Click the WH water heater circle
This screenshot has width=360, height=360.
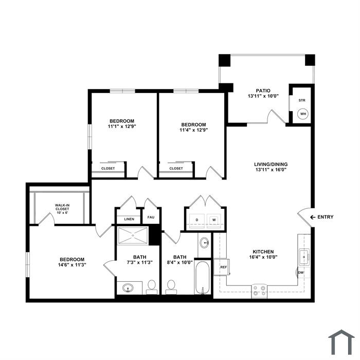(x=303, y=114)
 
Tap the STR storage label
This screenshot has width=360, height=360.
(x=302, y=100)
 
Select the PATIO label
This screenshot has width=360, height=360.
(x=263, y=91)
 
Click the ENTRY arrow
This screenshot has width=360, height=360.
(x=313, y=217)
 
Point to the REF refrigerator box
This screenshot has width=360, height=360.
(x=222, y=267)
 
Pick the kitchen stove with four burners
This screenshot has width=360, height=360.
(x=259, y=291)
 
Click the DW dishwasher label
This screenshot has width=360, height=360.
(x=301, y=273)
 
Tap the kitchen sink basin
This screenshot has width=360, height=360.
(x=304, y=257)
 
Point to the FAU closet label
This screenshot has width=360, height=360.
(x=151, y=217)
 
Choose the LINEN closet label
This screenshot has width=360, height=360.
(x=129, y=219)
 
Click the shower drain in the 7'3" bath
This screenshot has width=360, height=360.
(x=133, y=236)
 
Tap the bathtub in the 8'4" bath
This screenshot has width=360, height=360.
(x=202, y=278)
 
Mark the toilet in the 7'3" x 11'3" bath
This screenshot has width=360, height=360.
(x=152, y=287)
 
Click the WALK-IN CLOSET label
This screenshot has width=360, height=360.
(x=62, y=209)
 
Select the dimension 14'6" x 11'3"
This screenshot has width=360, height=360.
(x=72, y=265)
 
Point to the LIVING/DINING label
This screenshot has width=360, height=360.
(x=271, y=165)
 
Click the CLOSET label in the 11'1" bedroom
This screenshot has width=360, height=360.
(x=108, y=168)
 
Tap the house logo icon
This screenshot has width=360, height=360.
(x=341, y=342)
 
